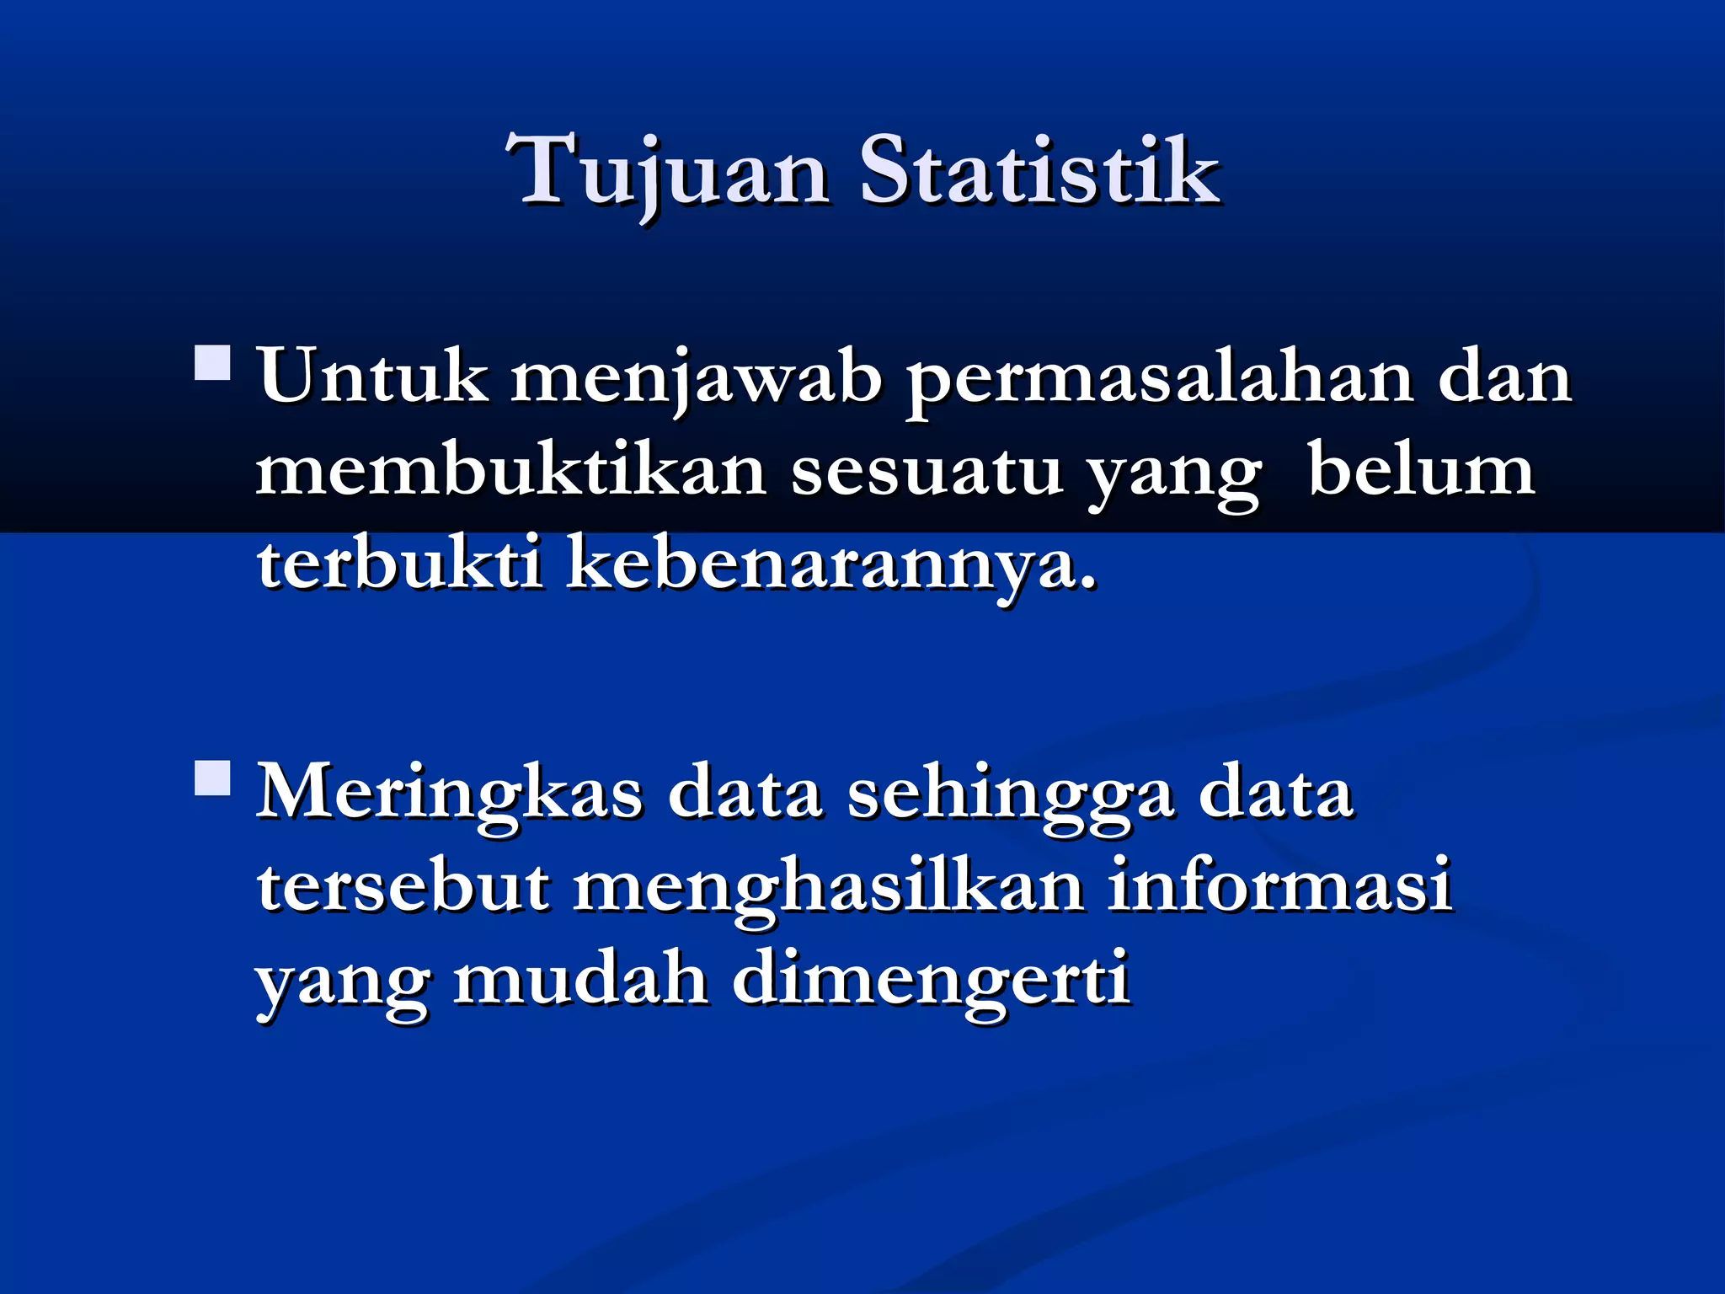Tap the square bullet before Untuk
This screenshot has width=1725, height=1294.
pos(212,363)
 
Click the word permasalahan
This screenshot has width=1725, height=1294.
pos(1159,380)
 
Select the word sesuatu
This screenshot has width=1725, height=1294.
pos(927,473)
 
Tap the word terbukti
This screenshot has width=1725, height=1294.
pos(399,564)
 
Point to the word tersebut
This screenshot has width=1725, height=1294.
pos(403,887)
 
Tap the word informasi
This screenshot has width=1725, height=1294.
pos(1279,885)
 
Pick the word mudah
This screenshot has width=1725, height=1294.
pos(580,979)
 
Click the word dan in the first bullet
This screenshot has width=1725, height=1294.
pos(1504,378)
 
